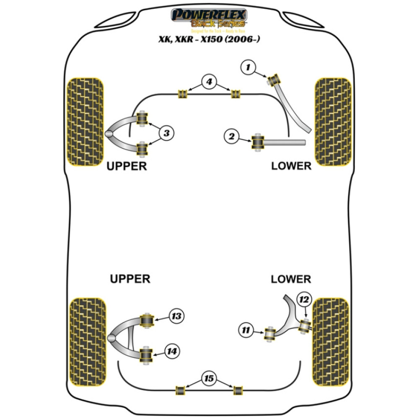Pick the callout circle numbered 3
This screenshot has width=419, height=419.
pos(166,133)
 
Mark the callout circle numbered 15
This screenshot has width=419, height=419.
pos(208,379)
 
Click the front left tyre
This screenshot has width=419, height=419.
pos(85,121)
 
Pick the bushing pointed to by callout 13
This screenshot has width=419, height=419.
pos(147,321)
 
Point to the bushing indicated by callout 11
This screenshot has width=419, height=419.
pos(269,334)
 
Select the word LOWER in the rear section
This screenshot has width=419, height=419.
pos(291,279)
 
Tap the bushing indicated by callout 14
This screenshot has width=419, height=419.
pos(146,355)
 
